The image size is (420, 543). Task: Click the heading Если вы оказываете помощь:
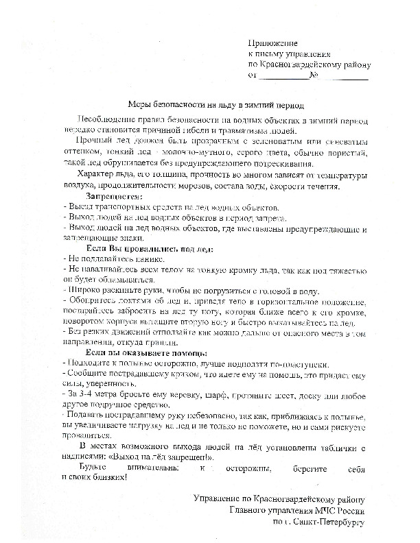pos(137,352)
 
